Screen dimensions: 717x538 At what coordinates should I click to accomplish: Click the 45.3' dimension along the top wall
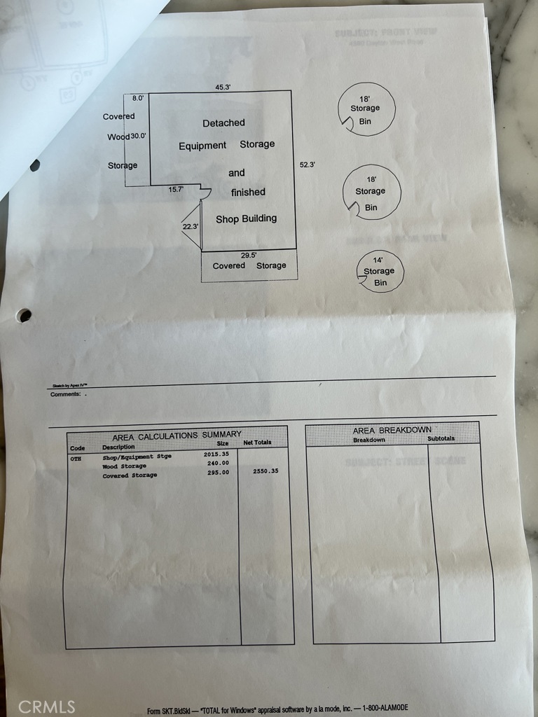pyautogui.click(x=223, y=88)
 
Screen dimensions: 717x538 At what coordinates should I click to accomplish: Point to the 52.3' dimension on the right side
pyautogui.click(x=307, y=165)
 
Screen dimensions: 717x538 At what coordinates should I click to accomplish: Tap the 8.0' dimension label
pyautogui.click(x=138, y=99)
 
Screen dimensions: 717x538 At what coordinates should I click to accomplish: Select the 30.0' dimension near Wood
pyautogui.click(x=138, y=137)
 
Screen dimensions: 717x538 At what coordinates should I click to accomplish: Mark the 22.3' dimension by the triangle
pyautogui.click(x=190, y=226)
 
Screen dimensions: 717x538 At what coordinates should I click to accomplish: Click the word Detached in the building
pyautogui.click(x=223, y=123)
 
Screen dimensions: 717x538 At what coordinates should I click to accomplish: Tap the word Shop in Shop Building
pyautogui.click(x=228, y=219)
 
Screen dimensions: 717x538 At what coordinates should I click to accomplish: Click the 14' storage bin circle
pyautogui.click(x=380, y=271)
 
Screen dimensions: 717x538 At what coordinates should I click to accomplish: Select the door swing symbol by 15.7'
pyautogui.click(x=204, y=193)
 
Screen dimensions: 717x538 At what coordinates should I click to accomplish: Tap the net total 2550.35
pyautogui.click(x=265, y=471)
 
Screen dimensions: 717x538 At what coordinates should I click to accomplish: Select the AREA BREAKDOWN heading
pyautogui.click(x=392, y=430)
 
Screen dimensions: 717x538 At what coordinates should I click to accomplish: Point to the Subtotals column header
pyautogui.click(x=441, y=438)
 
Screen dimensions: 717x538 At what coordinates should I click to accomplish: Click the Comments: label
pyautogui.click(x=64, y=394)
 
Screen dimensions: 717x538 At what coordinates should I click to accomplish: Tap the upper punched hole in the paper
pyautogui.click(x=34, y=165)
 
